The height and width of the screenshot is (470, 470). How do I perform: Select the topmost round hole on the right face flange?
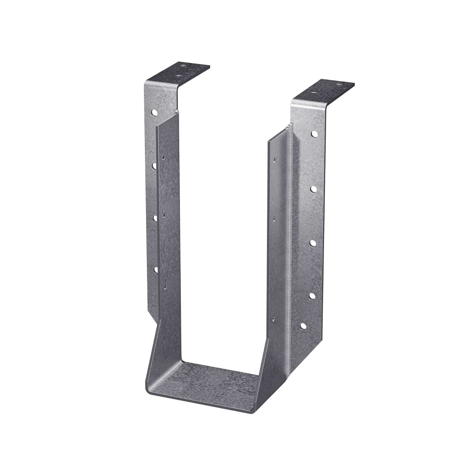pos(314,134)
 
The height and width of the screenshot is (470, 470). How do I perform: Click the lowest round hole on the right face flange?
pos(303,326)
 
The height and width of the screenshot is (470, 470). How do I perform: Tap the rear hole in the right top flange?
pos(340,85)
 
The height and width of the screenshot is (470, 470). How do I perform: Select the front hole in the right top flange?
pos(314,93)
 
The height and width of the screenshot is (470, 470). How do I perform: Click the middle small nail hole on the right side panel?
pos(274,218)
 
